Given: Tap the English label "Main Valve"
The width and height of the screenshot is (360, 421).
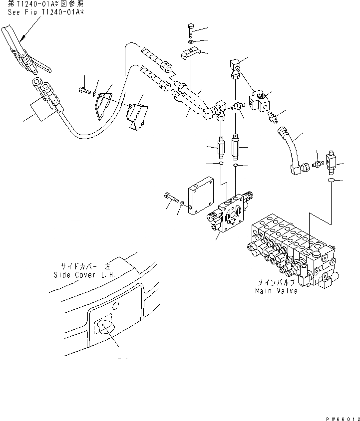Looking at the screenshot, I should (276, 291).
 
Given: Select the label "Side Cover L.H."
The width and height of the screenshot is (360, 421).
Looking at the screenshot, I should (84, 274).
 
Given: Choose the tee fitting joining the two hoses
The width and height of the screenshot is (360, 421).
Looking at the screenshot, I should (214, 111).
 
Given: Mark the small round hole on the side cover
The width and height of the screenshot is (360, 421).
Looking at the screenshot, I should (116, 305).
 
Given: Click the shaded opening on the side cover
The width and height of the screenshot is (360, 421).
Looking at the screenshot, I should (103, 327).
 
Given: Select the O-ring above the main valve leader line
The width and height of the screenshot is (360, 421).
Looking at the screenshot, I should (330, 182).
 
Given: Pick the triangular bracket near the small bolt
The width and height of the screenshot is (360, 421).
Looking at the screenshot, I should (103, 104).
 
